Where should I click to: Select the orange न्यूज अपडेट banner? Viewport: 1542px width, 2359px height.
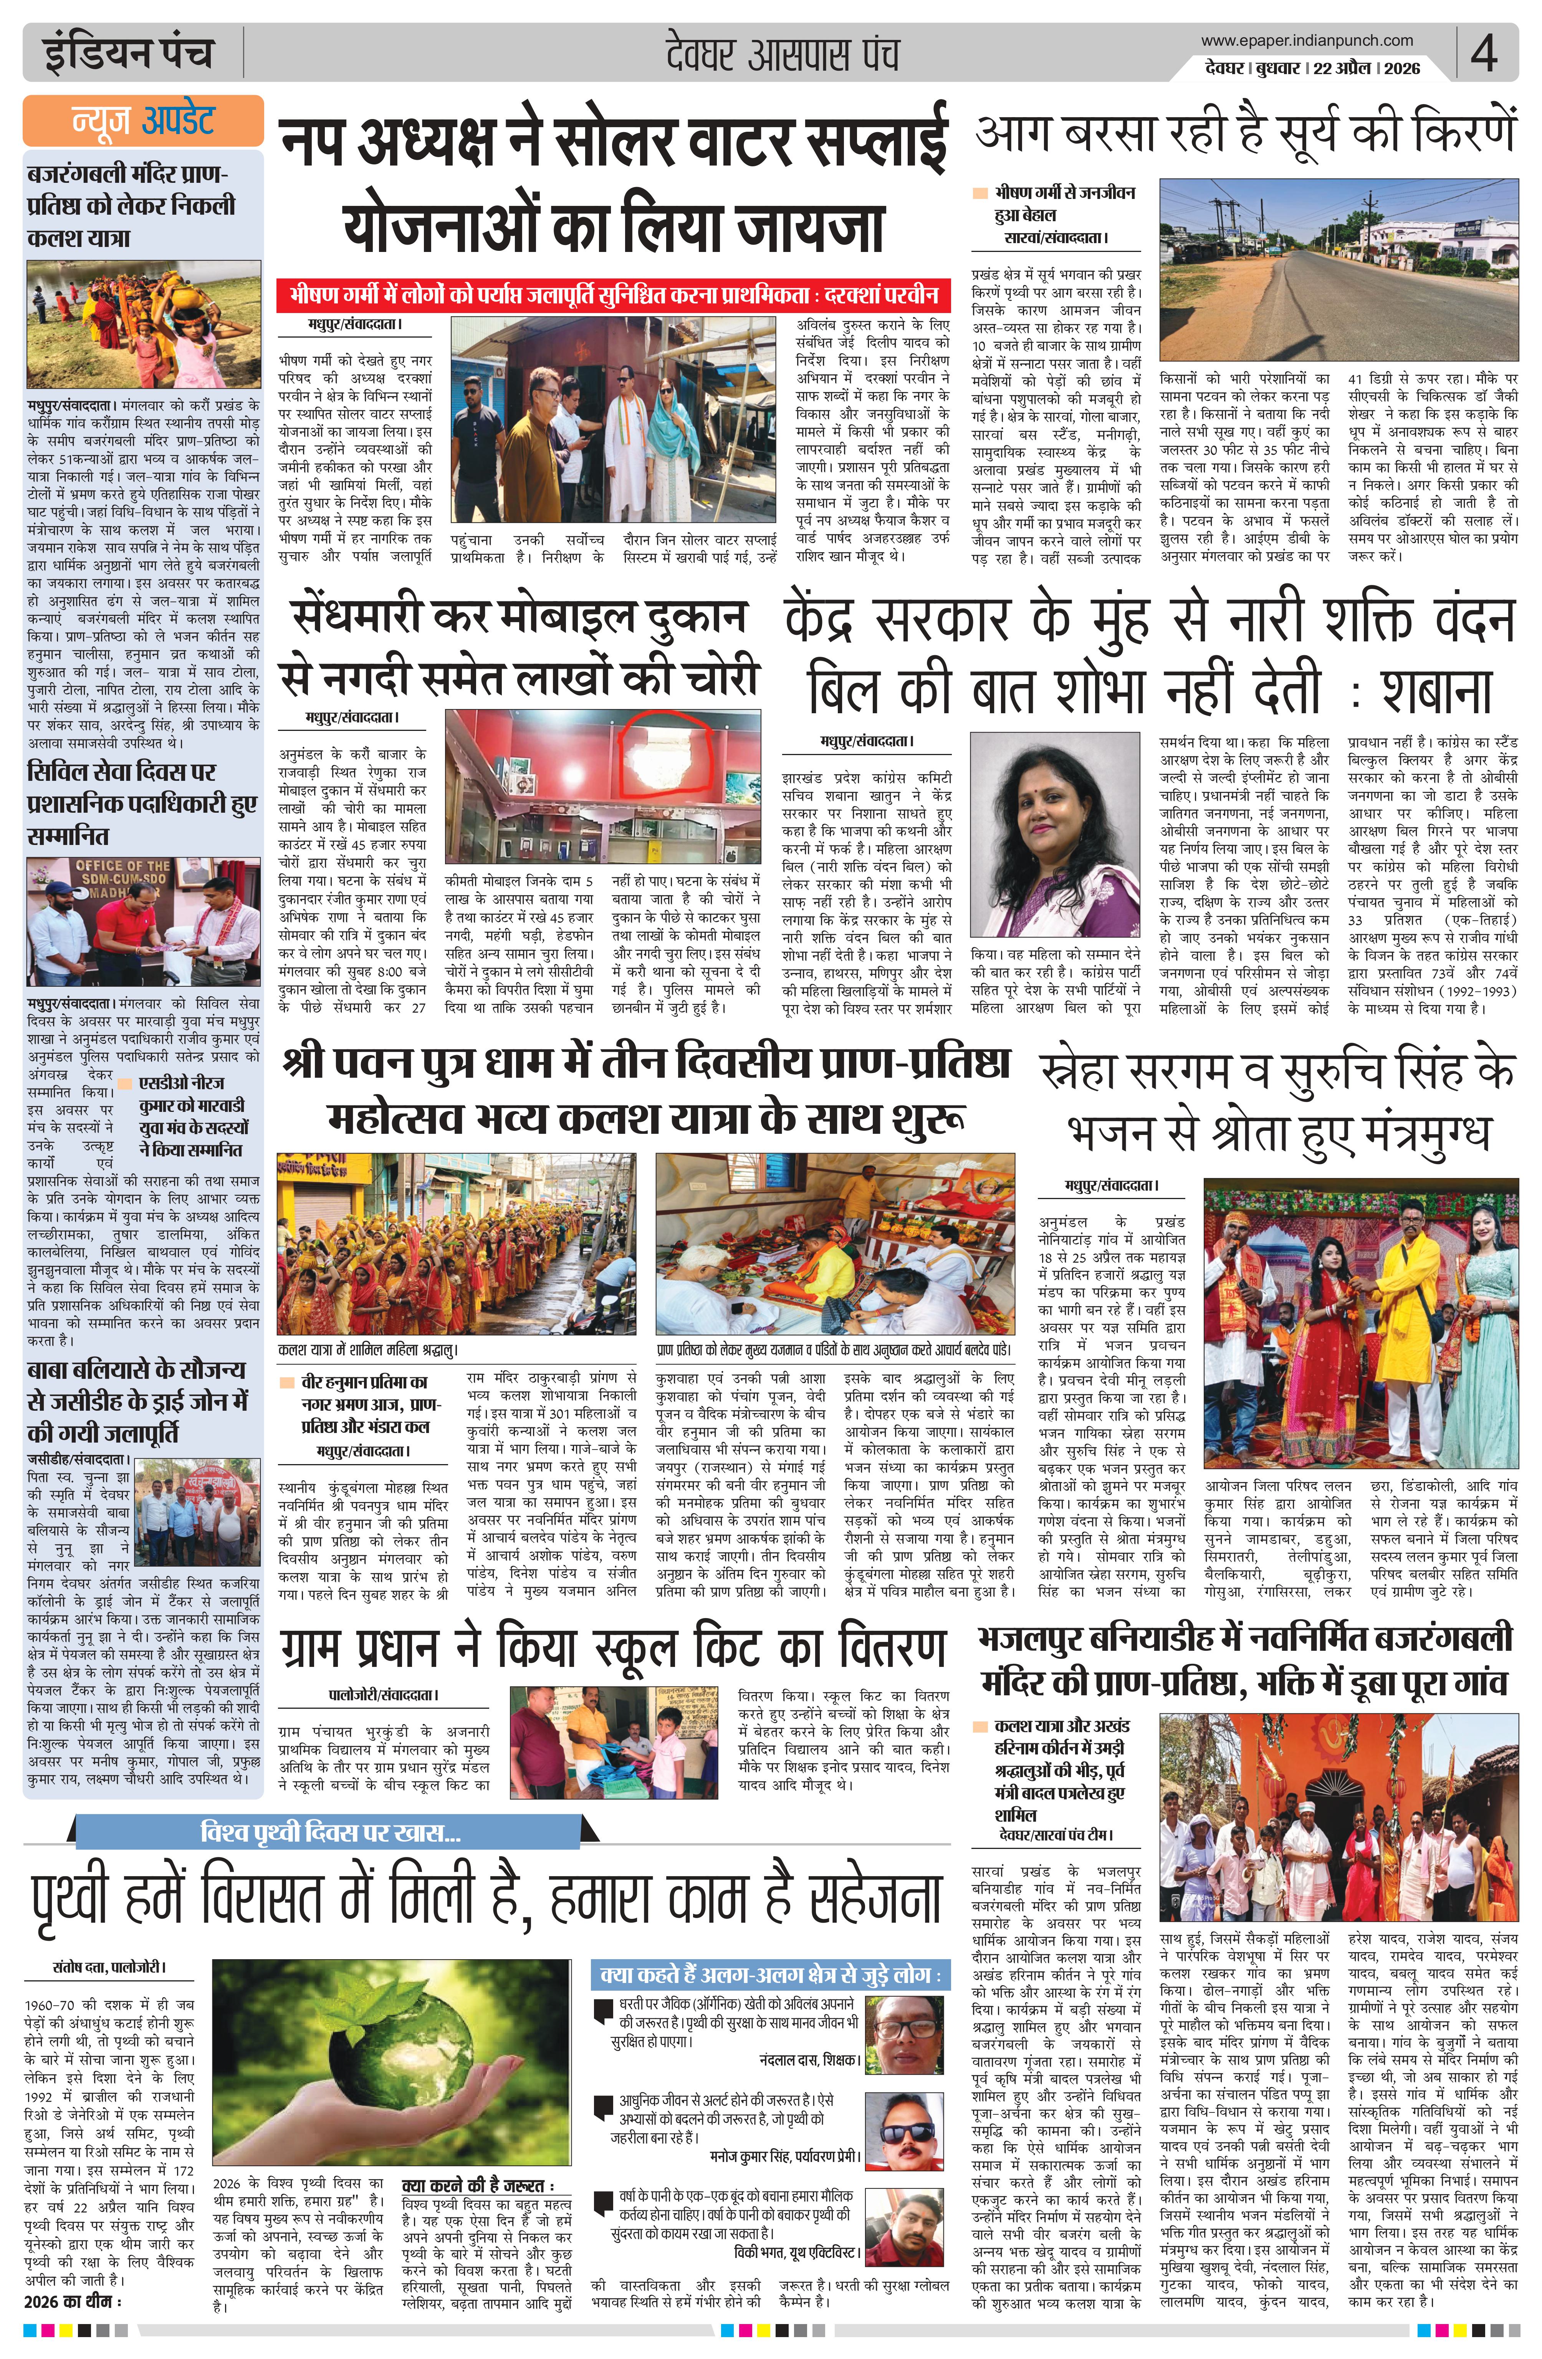(x=144, y=121)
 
